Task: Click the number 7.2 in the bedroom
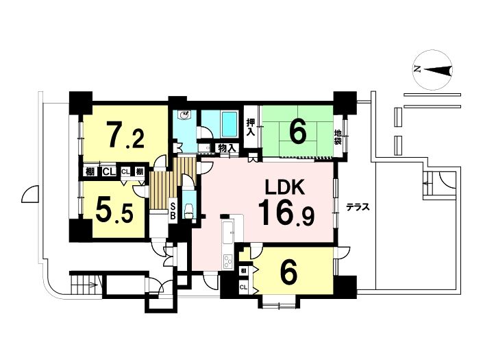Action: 125,134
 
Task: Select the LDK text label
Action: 286,187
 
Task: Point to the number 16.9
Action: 286,213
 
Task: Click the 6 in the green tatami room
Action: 297,132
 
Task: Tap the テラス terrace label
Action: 358,207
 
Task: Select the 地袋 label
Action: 338,137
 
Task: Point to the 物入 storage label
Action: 227,148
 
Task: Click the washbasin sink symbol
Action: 185,115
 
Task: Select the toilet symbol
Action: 188,211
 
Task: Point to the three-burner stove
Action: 228,262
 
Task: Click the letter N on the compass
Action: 418,69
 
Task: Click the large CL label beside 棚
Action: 109,171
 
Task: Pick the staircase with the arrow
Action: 84,285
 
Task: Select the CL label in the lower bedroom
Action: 243,287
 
